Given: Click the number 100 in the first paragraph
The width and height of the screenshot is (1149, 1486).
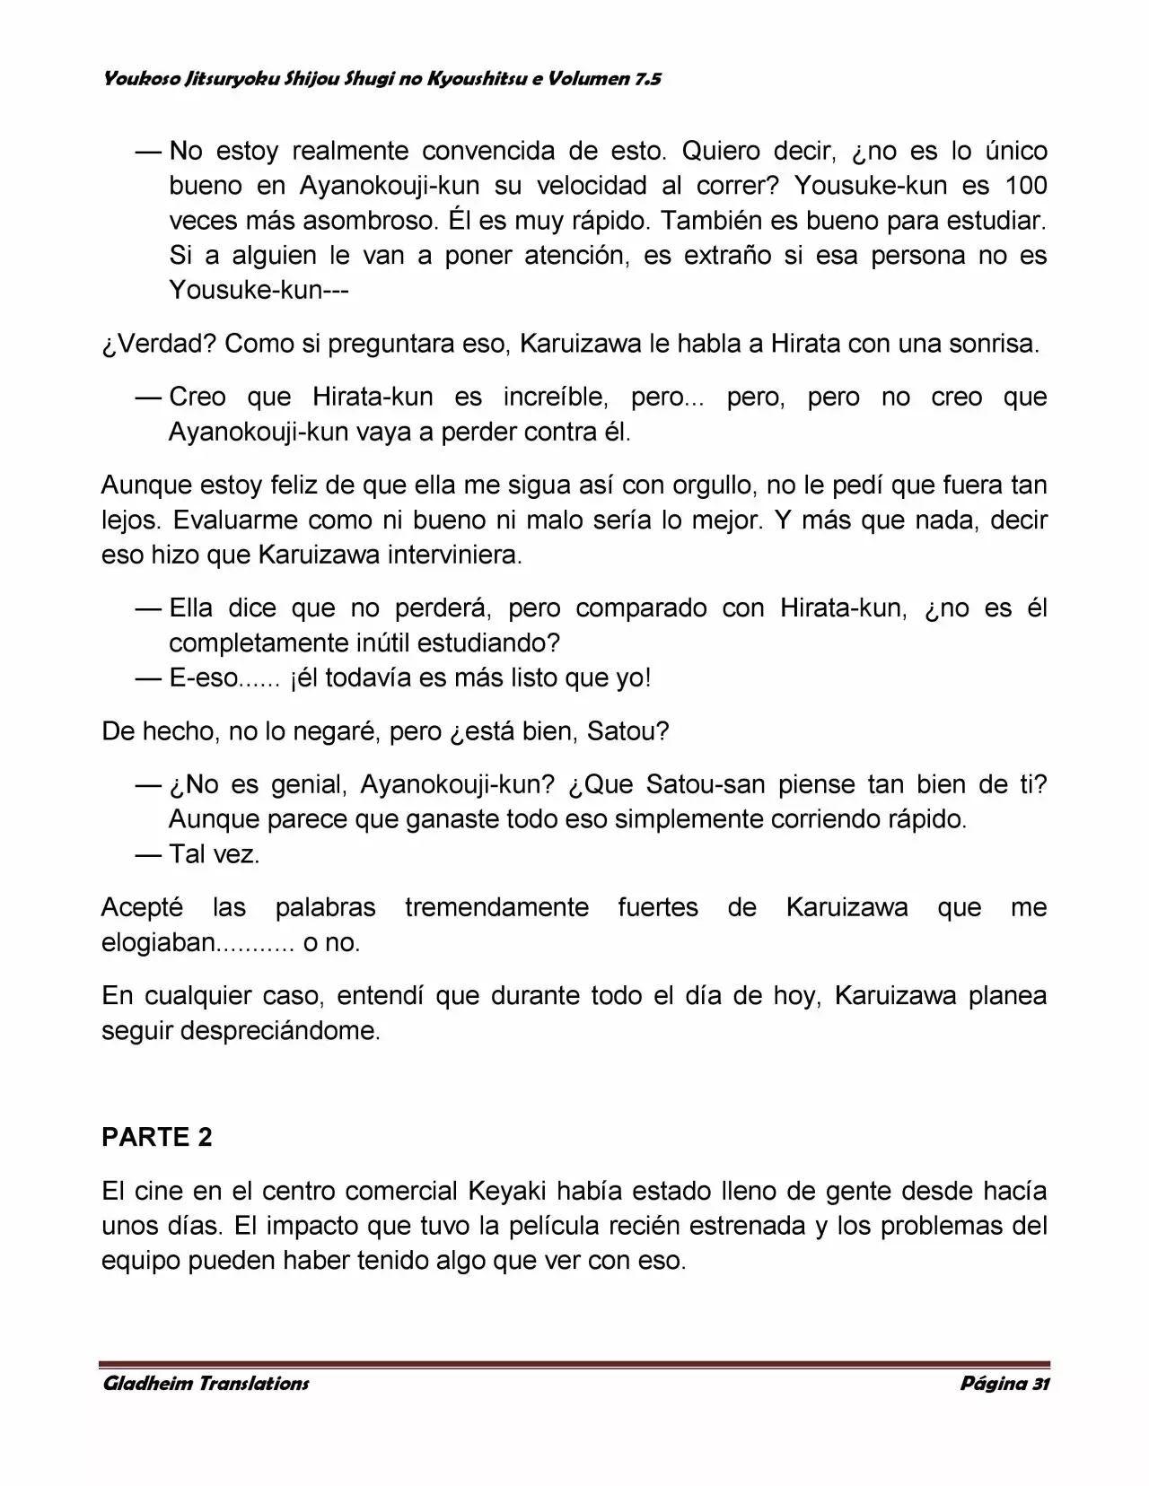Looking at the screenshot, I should (x=1026, y=186).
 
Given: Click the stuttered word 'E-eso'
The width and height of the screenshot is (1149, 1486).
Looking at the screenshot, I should (x=204, y=678).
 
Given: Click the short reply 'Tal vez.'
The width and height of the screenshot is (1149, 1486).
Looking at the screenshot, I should (x=215, y=854).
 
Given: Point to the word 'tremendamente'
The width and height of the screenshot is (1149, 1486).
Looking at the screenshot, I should (x=496, y=907).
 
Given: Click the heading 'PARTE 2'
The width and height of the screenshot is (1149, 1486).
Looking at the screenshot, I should (x=157, y=1137).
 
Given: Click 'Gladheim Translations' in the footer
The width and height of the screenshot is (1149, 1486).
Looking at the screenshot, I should (x=206, y=1383).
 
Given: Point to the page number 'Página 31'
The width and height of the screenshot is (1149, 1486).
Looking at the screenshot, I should (x=1004, y=1383).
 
